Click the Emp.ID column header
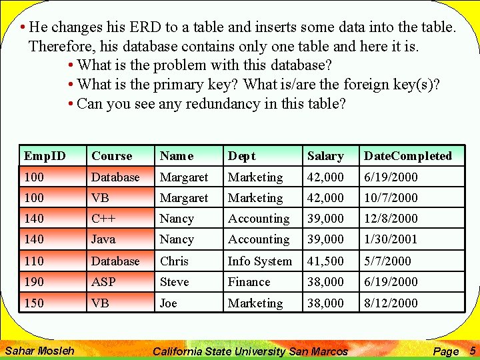tap(45, 156)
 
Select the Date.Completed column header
tap(407, 156)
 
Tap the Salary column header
tap(325, 156)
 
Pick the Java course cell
tap(103, 239)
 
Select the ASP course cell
tap(103, 282)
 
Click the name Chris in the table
tap(174, 261)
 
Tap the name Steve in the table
tap(174, 282)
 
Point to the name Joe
tap(169, 303)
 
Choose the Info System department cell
tap(260, 261)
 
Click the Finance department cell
tap(249, 282)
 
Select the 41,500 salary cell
tap(325, 261)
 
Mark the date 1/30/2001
tap(391, 239)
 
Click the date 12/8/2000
tap(391, 219)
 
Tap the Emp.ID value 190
tap(33, 282)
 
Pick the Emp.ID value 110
tap(33, 261)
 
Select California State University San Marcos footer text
tap(250, 351)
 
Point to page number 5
tap(472, 351)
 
